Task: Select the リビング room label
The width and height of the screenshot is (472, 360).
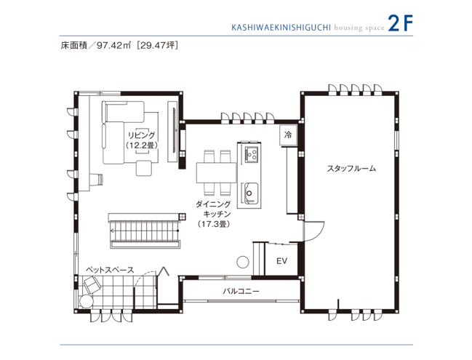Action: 141,135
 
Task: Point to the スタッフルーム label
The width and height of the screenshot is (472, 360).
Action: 351,169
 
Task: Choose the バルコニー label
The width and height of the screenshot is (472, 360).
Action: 241,292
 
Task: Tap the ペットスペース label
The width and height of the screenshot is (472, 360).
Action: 109,270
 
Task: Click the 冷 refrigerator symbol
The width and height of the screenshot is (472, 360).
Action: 287,135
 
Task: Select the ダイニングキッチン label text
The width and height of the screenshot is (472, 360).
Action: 213,209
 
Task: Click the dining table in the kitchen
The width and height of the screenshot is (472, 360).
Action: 217,172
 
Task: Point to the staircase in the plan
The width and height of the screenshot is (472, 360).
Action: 143,231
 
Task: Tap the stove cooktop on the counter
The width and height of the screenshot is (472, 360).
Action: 252,153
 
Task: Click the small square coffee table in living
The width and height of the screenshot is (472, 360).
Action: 143,168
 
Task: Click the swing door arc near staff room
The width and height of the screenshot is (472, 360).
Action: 311,231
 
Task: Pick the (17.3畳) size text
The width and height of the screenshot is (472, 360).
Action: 213,225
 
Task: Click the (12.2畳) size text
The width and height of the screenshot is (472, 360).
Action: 141,145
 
